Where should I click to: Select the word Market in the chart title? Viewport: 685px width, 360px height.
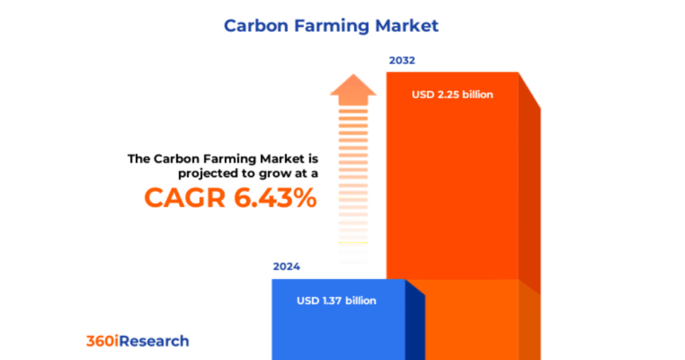click(407, 26)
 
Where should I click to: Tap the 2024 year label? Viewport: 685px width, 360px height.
click(286, 266)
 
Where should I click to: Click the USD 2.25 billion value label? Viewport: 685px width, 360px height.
click(452, 94)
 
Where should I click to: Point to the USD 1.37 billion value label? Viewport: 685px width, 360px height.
click(336, 300)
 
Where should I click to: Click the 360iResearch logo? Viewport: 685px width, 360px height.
click(137, 341)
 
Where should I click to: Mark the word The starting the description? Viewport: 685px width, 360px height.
click(139, 159)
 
